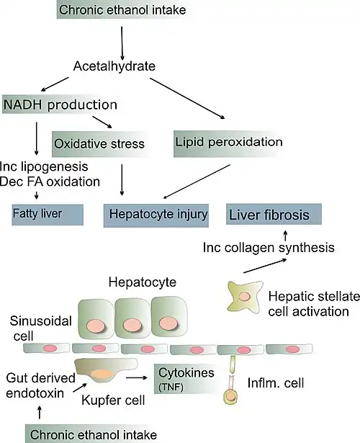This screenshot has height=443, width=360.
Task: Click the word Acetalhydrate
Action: pyautogui.click(x=114, y=66)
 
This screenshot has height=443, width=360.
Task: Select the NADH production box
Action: pyautogui.click(x=60, y=104)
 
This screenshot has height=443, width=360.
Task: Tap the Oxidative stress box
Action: pyautogui.click(x=99, y=143)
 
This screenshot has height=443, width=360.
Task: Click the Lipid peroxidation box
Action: pyautogui.click(x=229, y=143)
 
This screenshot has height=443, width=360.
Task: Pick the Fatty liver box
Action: pyautogui.click(x=48, y=215)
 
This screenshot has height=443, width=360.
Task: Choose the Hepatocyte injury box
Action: pyautogui.click(x=156, y=215)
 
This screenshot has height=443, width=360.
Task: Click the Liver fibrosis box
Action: pyautogui.click(x=274, y=214)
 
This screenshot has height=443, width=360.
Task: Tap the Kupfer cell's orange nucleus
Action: pyautogui.click(x=102, y=374)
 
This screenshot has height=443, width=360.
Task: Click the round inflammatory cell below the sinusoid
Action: pyautogui.click(x=230, y=397)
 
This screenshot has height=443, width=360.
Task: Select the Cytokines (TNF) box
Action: pyautogui.click(x=185, y=379)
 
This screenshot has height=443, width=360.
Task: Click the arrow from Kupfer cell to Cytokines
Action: pyautogui.click(x=137, y=377)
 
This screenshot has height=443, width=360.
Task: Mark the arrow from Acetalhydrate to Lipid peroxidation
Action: pyautogui.click(x=187, y=98)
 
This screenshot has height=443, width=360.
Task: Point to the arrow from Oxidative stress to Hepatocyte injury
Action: pyautogui.click(x=122, y=180)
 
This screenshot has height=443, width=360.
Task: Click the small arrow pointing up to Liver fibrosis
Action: pyautogui.click(x=285, y=236)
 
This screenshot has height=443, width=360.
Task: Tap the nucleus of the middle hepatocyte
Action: pyautogui.click(x=130, y=324)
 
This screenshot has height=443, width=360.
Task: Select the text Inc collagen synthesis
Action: pyautogui.click(x=269, y=248)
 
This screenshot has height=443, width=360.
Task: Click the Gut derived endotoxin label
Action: pyautogui.click(x=40, y=385)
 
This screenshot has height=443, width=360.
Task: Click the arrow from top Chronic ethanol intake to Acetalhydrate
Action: pyautogui.click(x=122, y=43)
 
